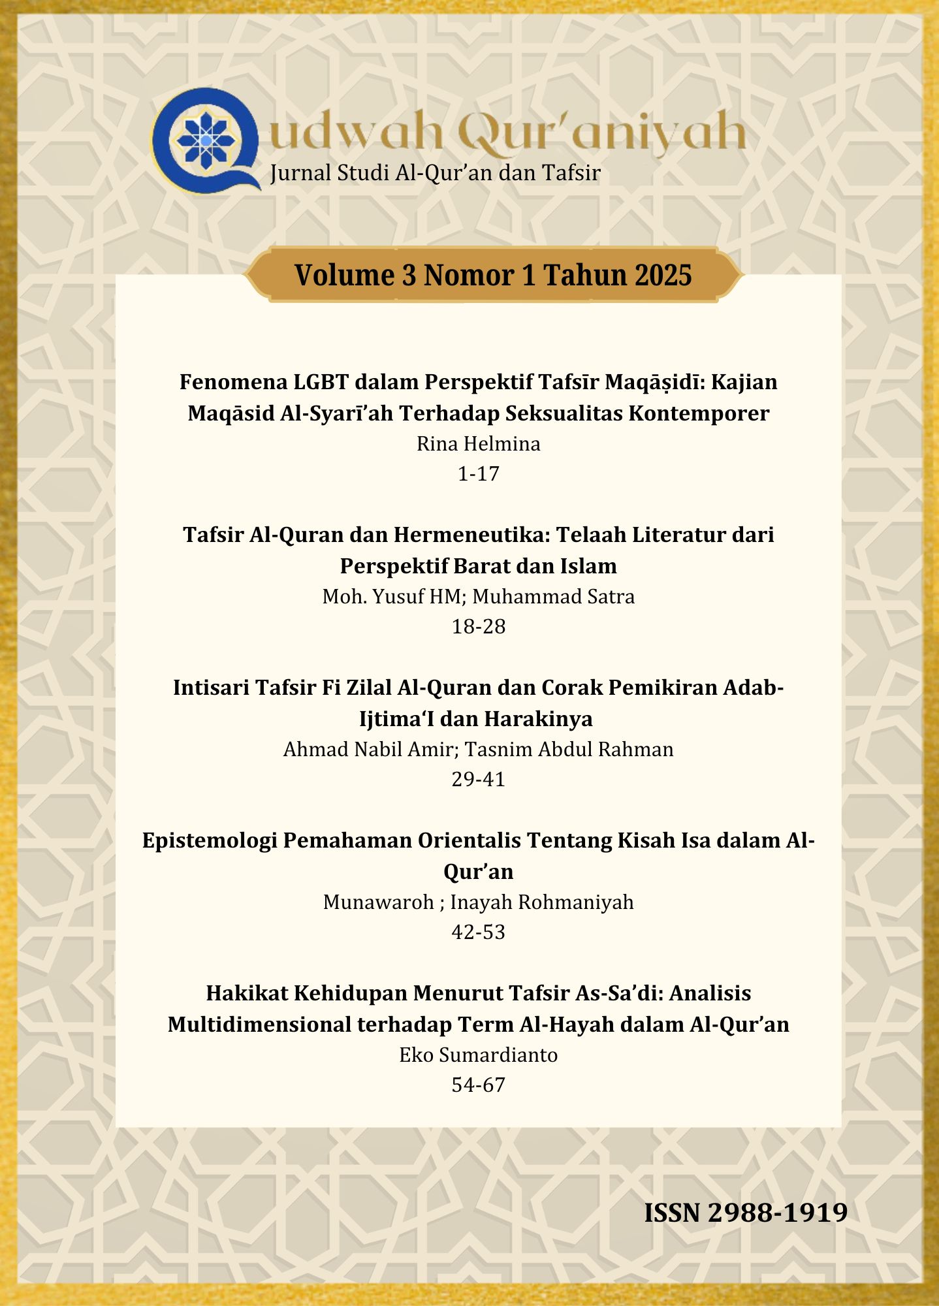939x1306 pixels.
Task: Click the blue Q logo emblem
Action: [x=205, y=140]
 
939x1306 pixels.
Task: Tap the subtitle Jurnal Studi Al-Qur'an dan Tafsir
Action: [x=435, y=173]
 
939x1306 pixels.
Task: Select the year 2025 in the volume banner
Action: [x=661, y=275]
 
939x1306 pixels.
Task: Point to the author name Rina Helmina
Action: [x=479, y=444]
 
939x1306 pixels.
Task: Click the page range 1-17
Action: [x=479, y=473]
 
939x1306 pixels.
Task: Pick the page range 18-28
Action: [x=479, y=626]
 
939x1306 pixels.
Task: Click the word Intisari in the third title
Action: [x=211, y=688]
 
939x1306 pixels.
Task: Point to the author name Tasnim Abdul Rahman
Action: [x=569, y=750]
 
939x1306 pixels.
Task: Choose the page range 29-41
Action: [x=479, y=779]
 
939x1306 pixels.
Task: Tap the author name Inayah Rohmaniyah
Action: [x=542, y=902]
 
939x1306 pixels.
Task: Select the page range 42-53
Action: [x=479, y=932]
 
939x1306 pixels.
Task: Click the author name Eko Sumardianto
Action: [x=479, y=1055]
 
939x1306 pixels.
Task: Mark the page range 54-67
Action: [x=479, y=1085]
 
